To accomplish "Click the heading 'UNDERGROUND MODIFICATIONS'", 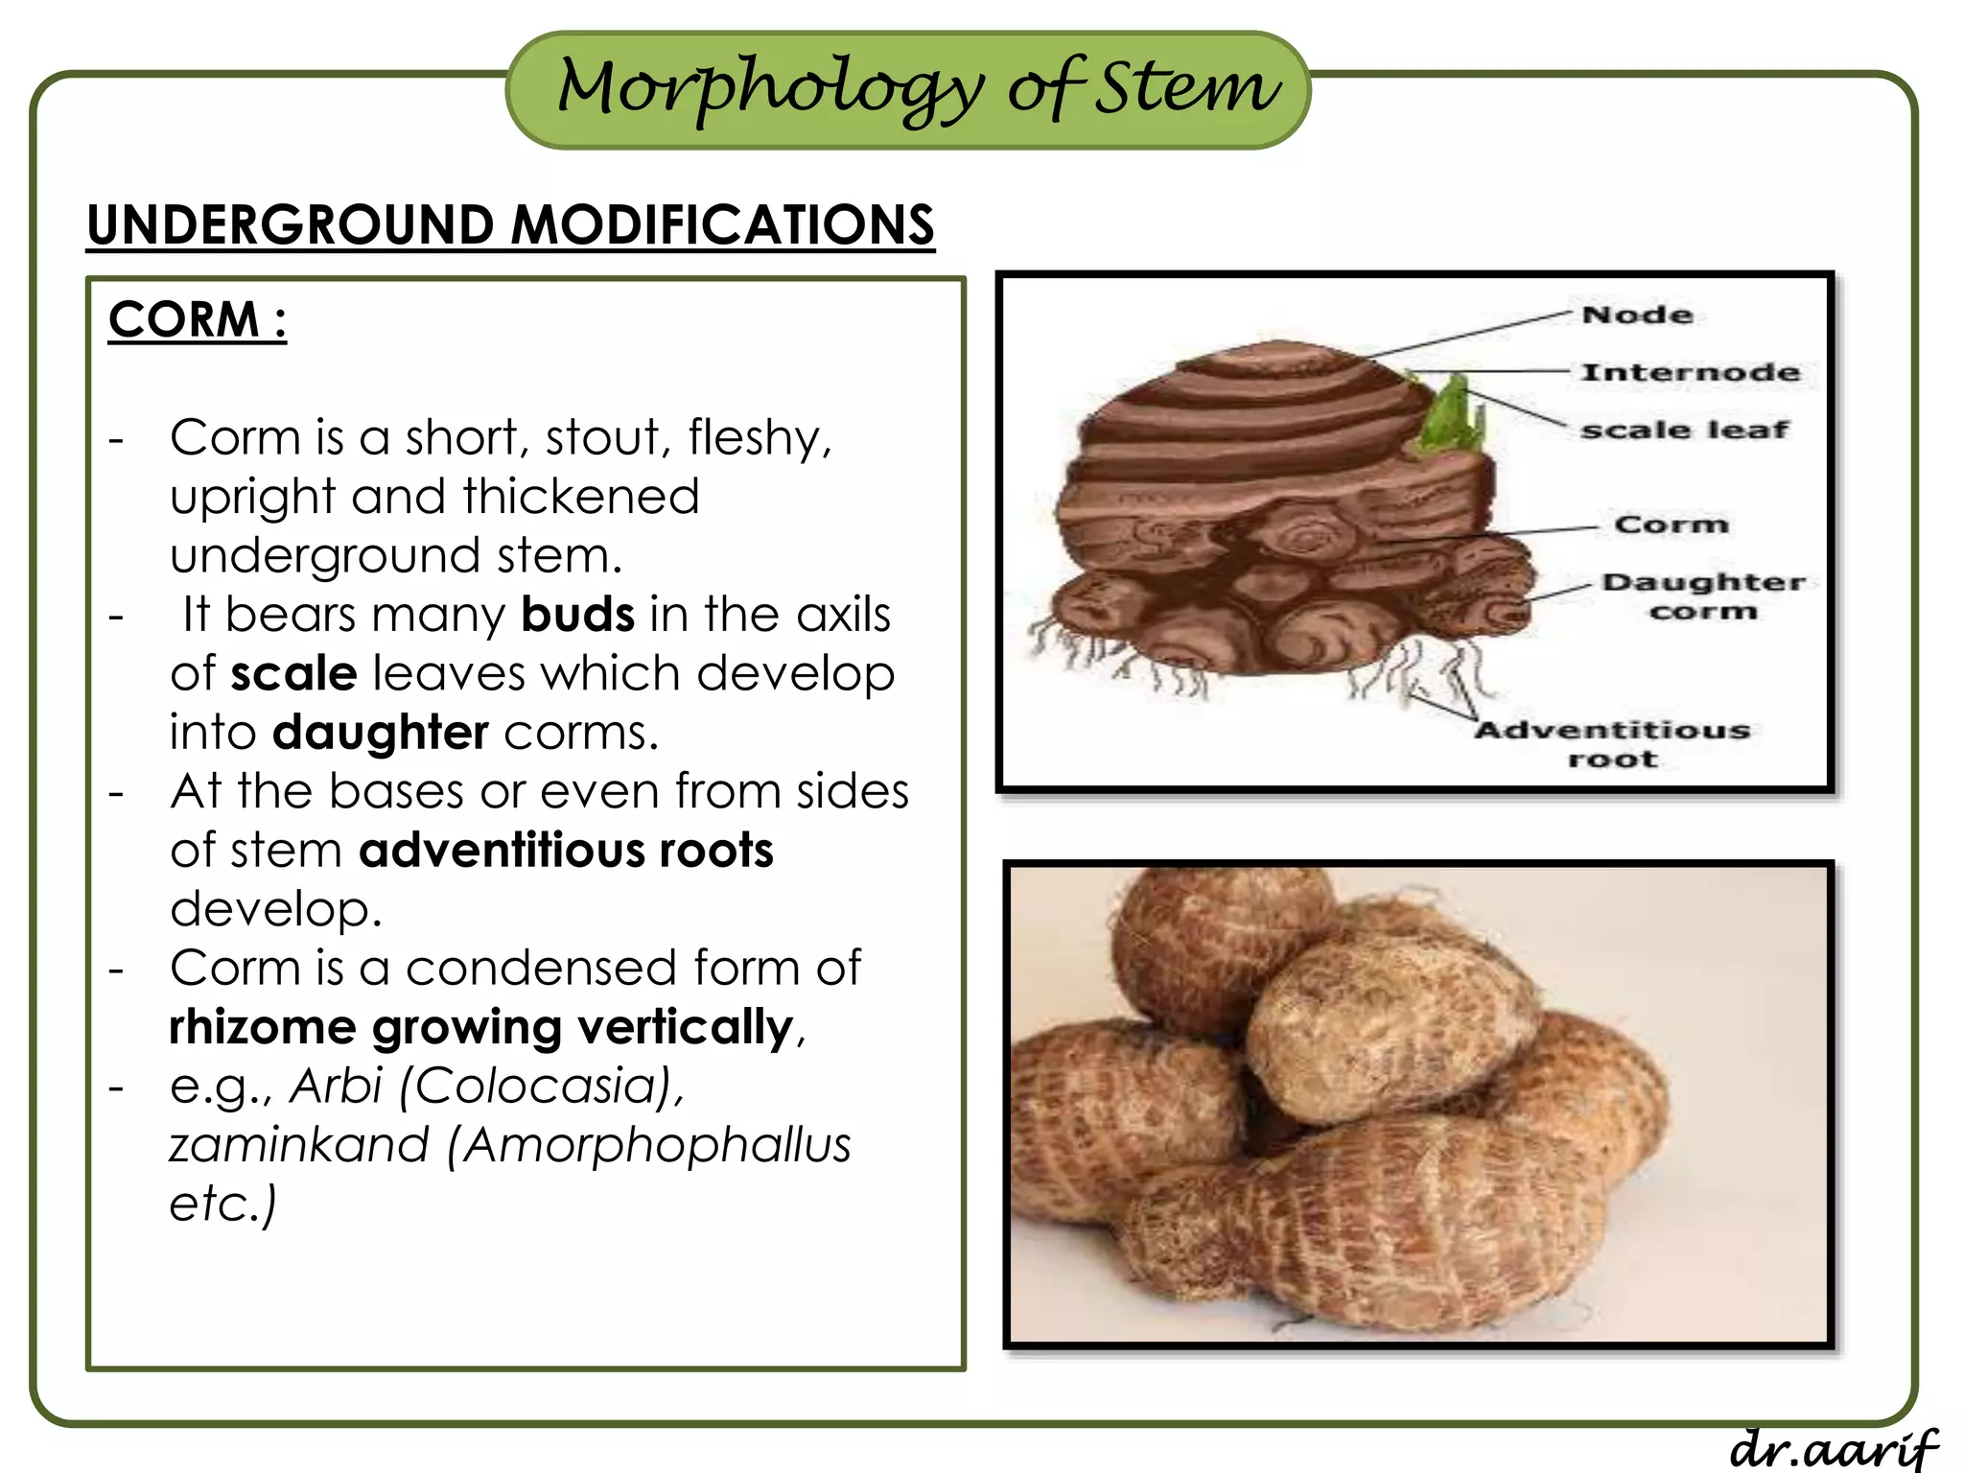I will pyautogui.click(x=510, y=225).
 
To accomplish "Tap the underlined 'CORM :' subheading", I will pyautogui.click(x=198, y=319).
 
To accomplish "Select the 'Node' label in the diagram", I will pyautogui.click(x=1637, y=315).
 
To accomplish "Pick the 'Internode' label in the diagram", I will pyautogui.click(x=1690, y=372).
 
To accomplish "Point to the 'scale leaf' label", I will pyautogui.click(x=1684, y=430).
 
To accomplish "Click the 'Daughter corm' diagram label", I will pyautogui.click(x=1703, y=596).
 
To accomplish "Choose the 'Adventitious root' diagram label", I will pyautogui.click(x=1612, y=744).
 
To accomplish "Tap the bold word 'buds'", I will pyautogui.click(x=577, y=615).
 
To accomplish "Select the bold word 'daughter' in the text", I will pyautogui.click(x=381, y=733).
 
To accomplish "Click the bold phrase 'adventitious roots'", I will pyautogui.click(x=566, y=851).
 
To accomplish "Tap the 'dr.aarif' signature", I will pyautogui.click(x=1833, y=1448).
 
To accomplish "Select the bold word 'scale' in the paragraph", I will pyautogui.click(x=293, y=673).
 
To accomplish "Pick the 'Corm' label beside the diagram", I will pyautogui.click(x=1671, y=525).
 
